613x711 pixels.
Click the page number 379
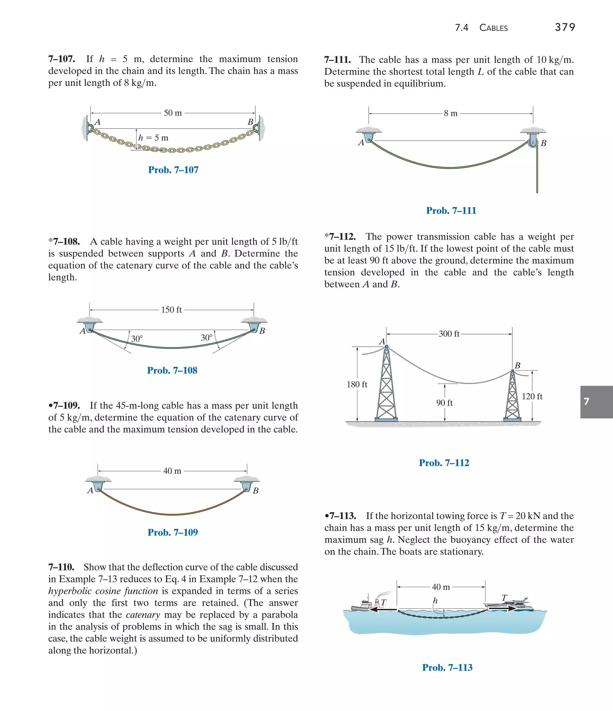point(565,27)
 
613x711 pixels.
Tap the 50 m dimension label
point(173,113)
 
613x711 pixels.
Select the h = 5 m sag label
point(154,138)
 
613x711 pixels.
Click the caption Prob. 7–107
point(173,170)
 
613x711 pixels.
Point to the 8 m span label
point(450,113)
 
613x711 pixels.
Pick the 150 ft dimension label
point(172,310)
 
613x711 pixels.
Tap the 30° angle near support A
point(137,339)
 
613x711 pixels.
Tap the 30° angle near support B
point(207,338)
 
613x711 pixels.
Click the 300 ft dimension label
point(449,334)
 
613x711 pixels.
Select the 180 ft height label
point(357,384)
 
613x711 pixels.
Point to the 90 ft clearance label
point(444,403)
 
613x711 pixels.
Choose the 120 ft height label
point(532,396)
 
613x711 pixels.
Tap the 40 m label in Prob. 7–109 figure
point(172,471)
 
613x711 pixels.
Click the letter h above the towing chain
point(435,601)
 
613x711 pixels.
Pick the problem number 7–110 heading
point(61,567)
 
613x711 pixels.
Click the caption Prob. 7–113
point(447,667)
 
